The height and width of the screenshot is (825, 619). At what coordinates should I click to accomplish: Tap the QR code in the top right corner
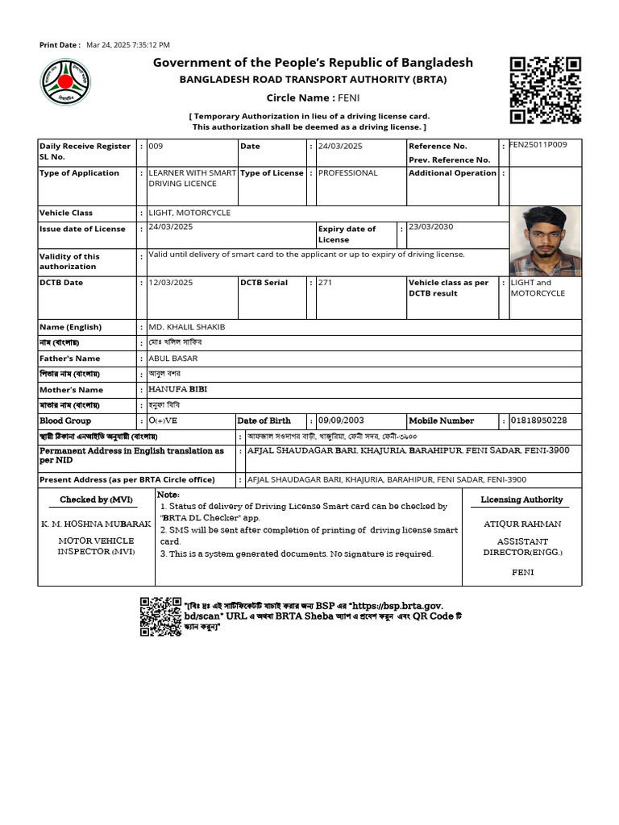pos(546,90)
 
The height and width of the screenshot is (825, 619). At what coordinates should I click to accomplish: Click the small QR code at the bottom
pos(160,616)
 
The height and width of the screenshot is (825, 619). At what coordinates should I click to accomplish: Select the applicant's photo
pos(546,241)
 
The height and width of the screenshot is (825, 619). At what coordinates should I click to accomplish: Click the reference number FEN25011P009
pos(538,145)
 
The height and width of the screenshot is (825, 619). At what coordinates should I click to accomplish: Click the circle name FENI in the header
pos(349,97)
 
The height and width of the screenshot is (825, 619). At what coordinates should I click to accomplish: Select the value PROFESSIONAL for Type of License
pos(347,173)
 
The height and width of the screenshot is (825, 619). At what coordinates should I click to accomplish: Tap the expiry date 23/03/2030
pos(431,227)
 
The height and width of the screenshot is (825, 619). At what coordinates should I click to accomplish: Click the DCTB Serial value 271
pos(325,283)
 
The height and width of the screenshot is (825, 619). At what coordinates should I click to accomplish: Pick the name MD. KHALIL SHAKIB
pos(187,327)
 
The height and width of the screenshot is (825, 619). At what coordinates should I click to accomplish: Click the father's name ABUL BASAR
pos(173,359)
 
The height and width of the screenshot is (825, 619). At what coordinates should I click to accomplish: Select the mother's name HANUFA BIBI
pos(178,389)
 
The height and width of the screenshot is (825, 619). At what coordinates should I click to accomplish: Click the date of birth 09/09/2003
pos(341,421)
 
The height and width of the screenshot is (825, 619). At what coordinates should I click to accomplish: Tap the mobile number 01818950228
pos(539,421)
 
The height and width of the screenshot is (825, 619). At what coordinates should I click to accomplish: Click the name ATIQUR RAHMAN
pos(522,524)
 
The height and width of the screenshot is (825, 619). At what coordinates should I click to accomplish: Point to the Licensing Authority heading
pos(521,500)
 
